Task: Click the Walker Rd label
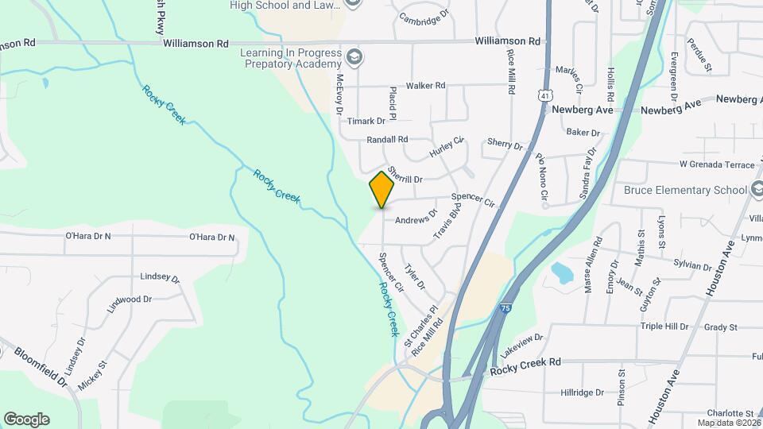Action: pyautogui.click(x=425, y=85)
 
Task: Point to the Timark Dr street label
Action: pyautogui.click(x=366, y=122)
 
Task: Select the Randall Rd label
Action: pyautogui.click(x=387, y=139)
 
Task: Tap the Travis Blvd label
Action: pyautogui.click(x=447, y=222)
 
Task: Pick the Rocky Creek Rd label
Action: pyautogui.click(x=525, y=362)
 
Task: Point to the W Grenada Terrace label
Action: pyautogui.click(x=716, y=164)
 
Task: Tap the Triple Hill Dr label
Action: pyautogui.click(x=664, y=327)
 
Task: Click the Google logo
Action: pyautogui.click(x=26, y=419)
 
